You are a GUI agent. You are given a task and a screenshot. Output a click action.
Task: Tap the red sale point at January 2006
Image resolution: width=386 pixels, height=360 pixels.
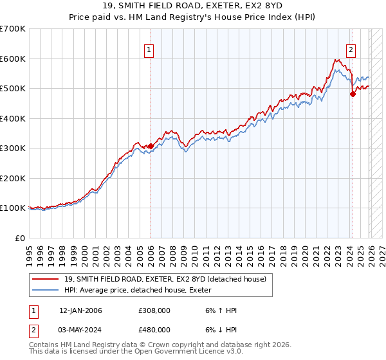pyautogui.click(x=151, y=147)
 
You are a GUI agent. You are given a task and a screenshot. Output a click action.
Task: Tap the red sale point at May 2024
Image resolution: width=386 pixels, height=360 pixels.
pyautogui.click(x=353, y=94)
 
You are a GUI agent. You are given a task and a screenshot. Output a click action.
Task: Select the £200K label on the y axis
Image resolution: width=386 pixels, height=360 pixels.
pyautogui.click(x=12, y=178)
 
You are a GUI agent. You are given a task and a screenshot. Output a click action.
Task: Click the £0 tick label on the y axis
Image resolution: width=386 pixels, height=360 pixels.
pyautogui.click(x=21, y=238)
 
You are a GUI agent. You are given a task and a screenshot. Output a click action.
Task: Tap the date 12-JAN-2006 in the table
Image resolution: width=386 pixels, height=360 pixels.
pyautogui.click(x=80, y=310)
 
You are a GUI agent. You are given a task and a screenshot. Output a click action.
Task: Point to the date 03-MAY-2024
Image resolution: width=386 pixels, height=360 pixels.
pyautogui.click(x=80, y=329)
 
